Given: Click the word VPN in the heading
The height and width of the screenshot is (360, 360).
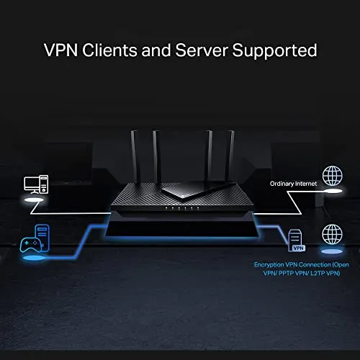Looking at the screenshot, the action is click(x=61, y=50).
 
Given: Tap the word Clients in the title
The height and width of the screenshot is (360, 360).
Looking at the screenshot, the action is click(x=109, y=50).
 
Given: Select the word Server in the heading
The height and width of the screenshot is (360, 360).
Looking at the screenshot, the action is click(x=202, y=50).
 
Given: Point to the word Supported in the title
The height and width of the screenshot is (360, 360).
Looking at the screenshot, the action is click(x=274, y=50).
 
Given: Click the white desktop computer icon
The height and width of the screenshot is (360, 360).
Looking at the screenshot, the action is click(x=36, y=184).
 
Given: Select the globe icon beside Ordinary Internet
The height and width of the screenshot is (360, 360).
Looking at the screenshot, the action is click(x=333, y=176).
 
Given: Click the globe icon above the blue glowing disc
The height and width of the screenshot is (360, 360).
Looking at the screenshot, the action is click(x=332, y=234).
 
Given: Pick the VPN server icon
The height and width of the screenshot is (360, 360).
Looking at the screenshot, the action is click(x=297, y=240).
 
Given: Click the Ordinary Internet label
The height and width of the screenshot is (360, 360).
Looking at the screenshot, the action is click(x=293, y=184).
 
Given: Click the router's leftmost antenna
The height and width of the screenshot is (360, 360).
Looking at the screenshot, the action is click(x=134, y=157).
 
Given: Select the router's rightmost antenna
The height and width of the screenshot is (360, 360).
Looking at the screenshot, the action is click(x=230, y=157).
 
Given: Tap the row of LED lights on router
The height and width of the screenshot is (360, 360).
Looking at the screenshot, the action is click(x=181, y=208).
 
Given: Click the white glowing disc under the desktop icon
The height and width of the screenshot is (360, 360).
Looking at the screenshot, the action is click(x=35, y=200).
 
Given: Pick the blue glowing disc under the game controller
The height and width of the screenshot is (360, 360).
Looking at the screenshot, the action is click(x=34, y=258).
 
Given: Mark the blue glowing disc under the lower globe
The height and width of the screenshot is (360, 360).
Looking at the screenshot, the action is click(x=332, y=251).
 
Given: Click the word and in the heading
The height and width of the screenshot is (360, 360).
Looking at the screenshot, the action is click(x=156, y=50).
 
